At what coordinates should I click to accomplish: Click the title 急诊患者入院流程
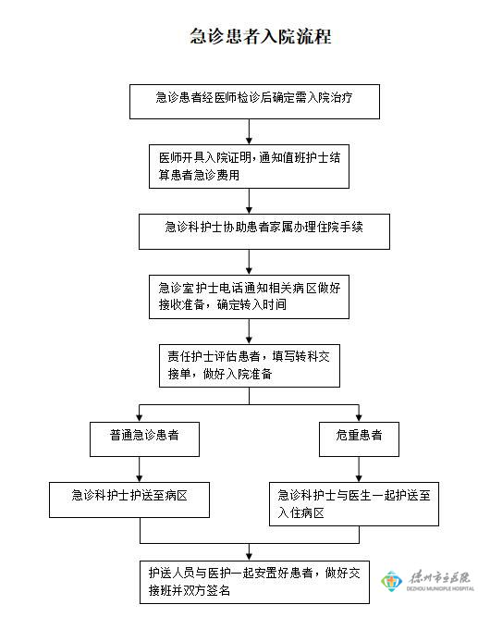[261, 37]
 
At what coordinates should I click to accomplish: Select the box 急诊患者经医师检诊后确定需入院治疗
[254, 102]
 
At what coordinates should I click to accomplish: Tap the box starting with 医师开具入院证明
[249, 167]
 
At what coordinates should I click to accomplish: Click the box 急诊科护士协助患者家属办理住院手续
[264, 231]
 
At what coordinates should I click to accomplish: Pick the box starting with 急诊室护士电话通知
[249, 297]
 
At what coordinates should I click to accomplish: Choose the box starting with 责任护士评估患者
[250, 365]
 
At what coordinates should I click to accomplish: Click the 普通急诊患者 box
[144, 439]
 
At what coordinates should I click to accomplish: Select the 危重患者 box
[359, 439]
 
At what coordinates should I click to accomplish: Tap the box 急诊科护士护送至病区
[129, 500]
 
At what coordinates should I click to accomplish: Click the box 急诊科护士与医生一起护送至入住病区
[354, 504]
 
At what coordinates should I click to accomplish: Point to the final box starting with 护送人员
[254, 582]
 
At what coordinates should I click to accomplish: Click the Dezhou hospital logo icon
[391, 581]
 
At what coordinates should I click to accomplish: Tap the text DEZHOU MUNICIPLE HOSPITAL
[440, 588]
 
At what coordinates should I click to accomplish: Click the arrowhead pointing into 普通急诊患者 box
[140, 418]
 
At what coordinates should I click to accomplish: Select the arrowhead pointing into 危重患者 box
[359, 418]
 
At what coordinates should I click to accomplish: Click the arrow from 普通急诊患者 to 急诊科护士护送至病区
[140, 469]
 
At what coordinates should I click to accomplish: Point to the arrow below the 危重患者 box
[359, 469]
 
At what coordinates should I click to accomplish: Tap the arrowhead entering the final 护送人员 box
[249, 557]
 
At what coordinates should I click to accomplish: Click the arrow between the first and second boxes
[249, 132]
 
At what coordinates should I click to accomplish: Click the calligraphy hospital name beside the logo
[439, 577]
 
